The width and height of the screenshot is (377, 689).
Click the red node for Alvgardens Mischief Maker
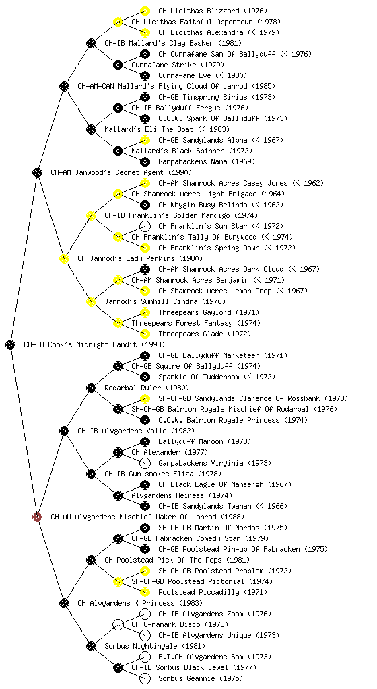click(x=37, y=517)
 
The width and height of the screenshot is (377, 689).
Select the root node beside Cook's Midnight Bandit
click(x=11, y=344)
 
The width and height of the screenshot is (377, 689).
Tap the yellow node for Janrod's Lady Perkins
click(x=64, y=258)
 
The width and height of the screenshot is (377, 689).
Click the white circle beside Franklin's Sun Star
click(x=145, y=226)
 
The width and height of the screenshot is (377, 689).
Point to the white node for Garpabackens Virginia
click(x=145, y=463)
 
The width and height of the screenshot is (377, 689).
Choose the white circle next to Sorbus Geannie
click(x=145, y=678)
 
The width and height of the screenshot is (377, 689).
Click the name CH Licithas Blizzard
click(x=199, y=11)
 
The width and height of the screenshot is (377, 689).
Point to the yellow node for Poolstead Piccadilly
click(x=145, y=592)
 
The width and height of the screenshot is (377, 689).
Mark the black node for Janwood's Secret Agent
click(x=37, y=172)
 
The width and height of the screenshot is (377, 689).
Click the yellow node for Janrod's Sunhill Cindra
click(x=91, y=301)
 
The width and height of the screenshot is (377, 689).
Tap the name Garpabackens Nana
click(x=193, y=161)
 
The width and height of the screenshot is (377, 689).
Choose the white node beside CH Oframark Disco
click(x=118, y=624)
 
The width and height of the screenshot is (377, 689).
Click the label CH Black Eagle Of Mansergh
click(x=211, y=484)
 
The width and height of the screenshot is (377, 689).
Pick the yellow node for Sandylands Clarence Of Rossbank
click(x=145, y=398)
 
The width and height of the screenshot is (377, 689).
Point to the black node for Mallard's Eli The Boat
click(x=91, y=129)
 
